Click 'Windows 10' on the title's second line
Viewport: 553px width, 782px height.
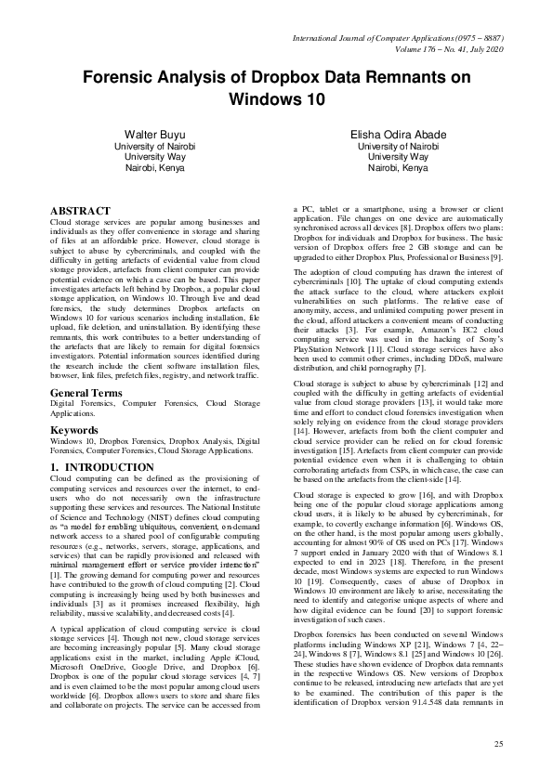(x=276, y=98)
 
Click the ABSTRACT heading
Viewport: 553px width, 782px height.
(x=80, y=212)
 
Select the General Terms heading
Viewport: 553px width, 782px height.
(x=88, y=394)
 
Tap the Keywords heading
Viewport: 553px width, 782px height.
(x=74, y=431)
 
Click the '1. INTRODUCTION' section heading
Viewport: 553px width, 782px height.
(x=101, y=467)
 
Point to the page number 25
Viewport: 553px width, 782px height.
(x=498, y=745)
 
